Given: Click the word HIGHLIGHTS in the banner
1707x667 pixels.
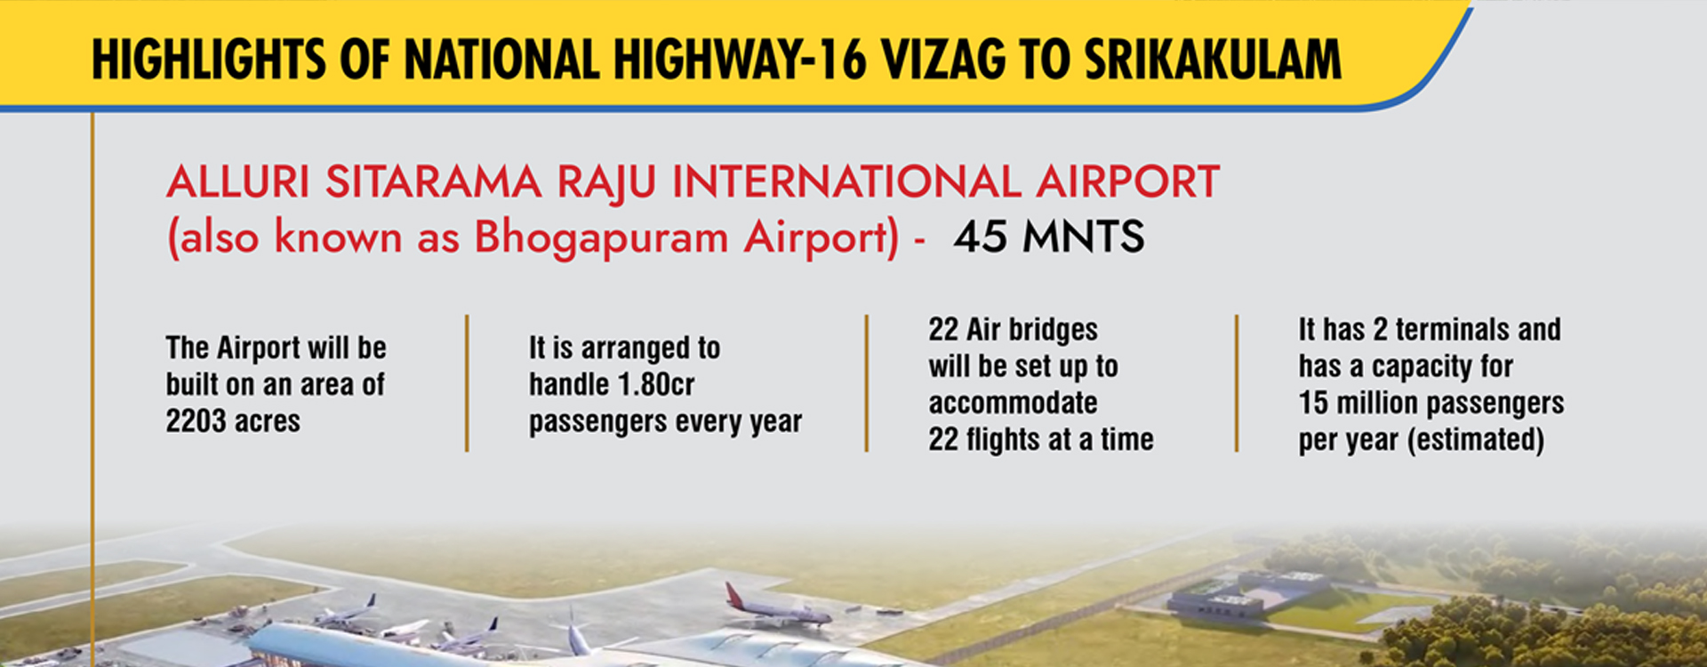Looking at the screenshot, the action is click(x=209, y=60).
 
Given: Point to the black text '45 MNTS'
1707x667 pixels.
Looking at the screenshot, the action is click(x=1049, y=237).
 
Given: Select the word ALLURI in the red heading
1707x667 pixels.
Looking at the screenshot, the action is click(x=238, y=182).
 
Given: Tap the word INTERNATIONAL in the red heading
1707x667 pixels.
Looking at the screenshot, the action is click(x=847, y=182).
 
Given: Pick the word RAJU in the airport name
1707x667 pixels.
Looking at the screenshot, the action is click(x=606, y=183).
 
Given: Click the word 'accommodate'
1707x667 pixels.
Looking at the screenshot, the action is click(x=1013, y=403).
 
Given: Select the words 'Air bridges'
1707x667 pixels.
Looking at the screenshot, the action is click(x=1031, y=330).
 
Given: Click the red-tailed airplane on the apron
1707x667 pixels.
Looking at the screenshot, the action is click(x=776, y=606).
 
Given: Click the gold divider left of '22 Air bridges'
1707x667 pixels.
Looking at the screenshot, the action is click(x=866, y=383).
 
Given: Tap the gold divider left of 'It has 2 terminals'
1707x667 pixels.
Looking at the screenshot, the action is click(x=1236, y=383).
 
